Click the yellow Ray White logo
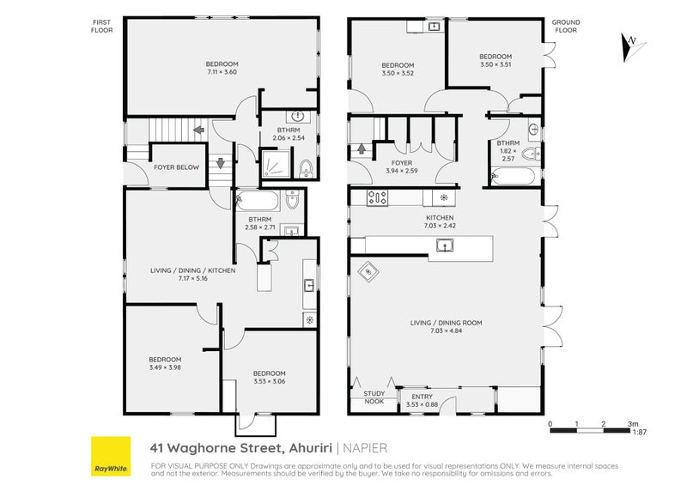(111, 456)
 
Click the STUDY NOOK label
(374, 397)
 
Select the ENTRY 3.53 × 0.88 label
(422, 400)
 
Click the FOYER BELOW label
(176, 167)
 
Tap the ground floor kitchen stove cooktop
(377, 197)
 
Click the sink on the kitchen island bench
(445, 245)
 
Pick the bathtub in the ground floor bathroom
(513, 176)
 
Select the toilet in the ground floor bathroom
(532, 154)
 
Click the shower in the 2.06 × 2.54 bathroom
(276, 164)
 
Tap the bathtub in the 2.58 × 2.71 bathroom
(258, 201)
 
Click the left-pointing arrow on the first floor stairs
(199, 130)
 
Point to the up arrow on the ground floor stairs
(362, 149)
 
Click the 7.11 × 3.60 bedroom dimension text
(222, 72)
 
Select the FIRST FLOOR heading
(101, 26)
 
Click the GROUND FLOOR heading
(566, 26)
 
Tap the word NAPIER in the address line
(365, 448)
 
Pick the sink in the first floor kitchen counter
(309, 285)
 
